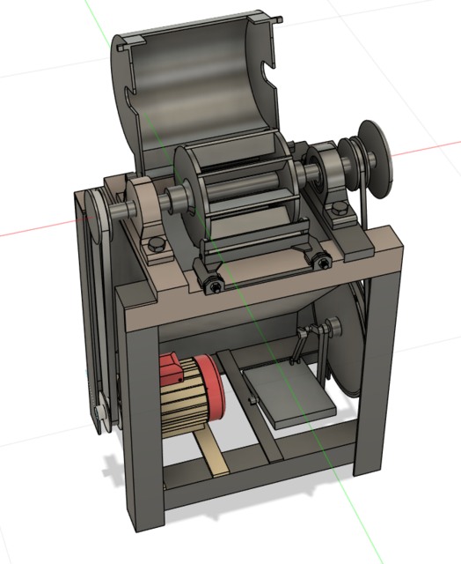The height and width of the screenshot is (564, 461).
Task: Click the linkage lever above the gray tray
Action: (x=304, y=344)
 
